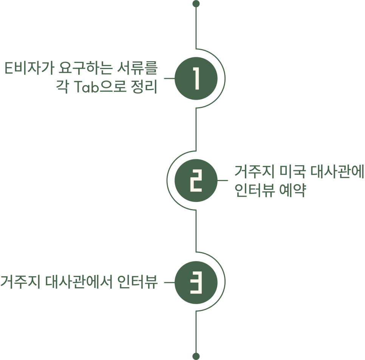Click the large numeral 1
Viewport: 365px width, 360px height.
click(196, 78)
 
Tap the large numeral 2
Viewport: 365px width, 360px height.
click(196, 181)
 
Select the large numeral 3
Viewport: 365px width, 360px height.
click(196, 283)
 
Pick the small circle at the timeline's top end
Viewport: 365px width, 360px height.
click(196, 5)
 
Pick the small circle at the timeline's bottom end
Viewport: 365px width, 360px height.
click(196, 355)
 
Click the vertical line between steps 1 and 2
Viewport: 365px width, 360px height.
click(196, 128)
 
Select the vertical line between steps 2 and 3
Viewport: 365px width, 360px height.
click(196, 230)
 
